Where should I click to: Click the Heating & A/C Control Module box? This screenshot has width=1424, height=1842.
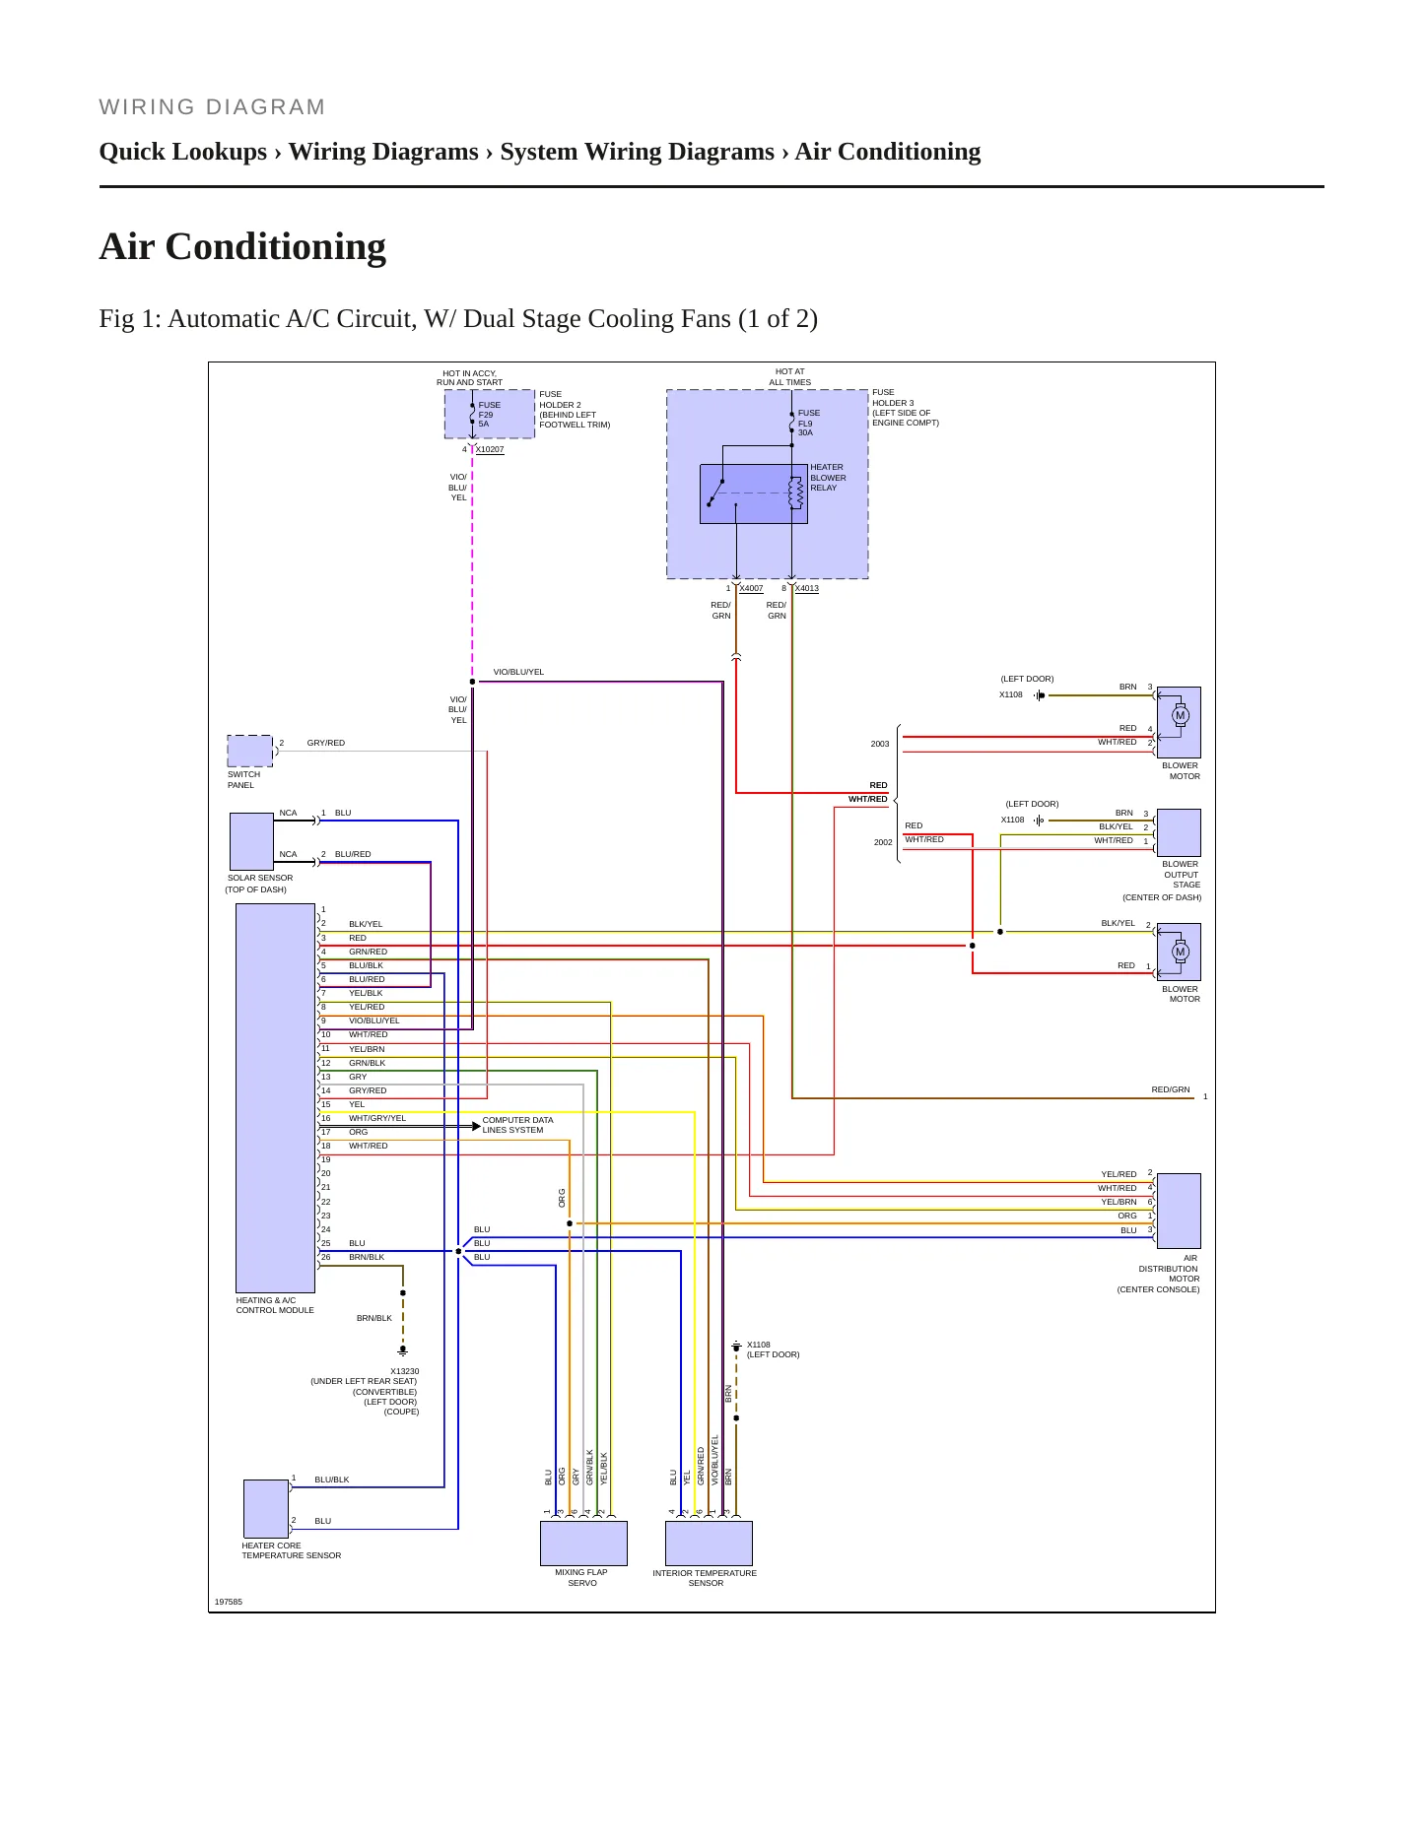(x=275, y=1097)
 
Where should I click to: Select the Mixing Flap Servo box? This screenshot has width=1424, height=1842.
(x=583, y=1544)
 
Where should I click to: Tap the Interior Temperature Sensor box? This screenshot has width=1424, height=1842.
(x=709, y=1544)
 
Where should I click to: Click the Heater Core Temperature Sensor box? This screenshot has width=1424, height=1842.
(x=266, y=1508)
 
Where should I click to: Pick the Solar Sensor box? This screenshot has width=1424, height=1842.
(x=251, y=841)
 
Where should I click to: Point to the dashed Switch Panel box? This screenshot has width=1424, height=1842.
(x=250, y=751)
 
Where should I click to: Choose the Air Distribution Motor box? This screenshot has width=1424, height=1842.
(x=1179, y=1211)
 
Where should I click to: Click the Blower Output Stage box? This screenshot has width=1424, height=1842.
(x=1179, y=832)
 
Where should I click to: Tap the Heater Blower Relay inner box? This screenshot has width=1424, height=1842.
(x=754, y=493)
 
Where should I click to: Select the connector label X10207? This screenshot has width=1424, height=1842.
(x=490, y=449)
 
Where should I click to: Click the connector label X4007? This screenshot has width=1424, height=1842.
(x=751, y=588)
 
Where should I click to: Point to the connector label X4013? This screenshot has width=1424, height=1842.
(x=807, y=588)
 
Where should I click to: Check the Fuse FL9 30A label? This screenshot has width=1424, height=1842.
(x=809, y=423)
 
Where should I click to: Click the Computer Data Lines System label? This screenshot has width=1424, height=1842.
(x=517, y=1125)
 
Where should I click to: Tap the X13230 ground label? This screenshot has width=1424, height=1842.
(x=405, y=1371)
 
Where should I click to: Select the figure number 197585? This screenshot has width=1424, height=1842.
(x=229, y=1602)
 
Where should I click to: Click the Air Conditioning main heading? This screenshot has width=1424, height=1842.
(x=242, y=246)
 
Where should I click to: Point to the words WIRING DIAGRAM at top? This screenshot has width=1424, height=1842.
(x=212, y=107)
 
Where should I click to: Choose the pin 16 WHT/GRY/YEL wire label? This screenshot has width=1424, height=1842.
(x=377, y=1118)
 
